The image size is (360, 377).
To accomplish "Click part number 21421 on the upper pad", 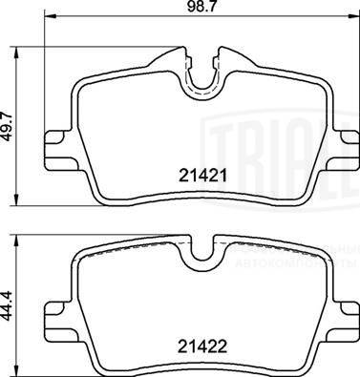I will click(x=201, y=175).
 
